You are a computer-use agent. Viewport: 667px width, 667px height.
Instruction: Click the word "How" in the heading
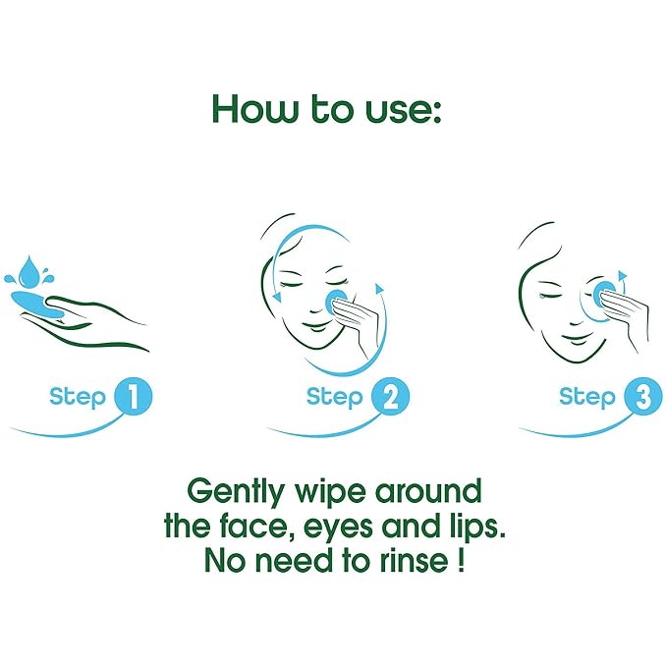tap(254, 109)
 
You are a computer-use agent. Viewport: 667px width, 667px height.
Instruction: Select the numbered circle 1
tap(134, 397)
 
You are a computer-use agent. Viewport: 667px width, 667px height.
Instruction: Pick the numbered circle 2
tap(390, 397)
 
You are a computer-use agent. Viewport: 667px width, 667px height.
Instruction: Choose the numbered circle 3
tap(642, 397)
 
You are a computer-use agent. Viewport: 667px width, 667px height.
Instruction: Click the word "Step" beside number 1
tap(77, 398)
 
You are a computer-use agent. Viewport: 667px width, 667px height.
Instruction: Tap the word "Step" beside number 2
tap(334, 398)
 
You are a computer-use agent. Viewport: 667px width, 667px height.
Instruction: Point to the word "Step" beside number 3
tap(587, 398)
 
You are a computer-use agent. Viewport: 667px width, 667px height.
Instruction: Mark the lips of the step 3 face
tap(575, 339)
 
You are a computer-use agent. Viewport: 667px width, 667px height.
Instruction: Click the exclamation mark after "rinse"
tap(461, 559)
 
